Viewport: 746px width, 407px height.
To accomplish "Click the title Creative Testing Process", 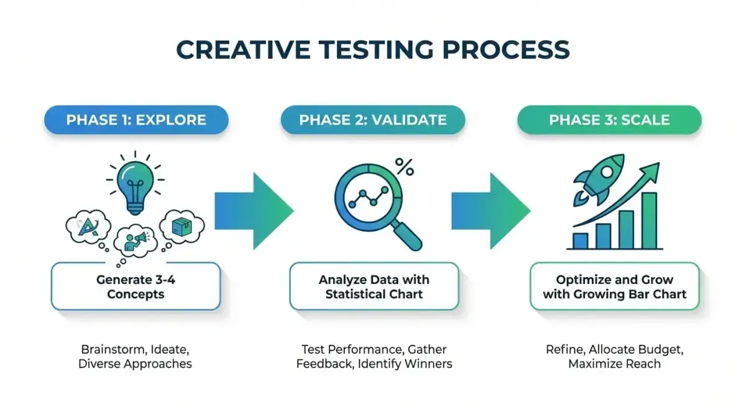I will (372, 49).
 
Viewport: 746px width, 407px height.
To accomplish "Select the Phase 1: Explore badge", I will (136, 119).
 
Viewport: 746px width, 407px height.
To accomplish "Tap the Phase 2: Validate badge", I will (372, 119).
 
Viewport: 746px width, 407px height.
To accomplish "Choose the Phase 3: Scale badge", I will (609, 119).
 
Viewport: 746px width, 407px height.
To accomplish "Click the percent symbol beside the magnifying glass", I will (405, 166).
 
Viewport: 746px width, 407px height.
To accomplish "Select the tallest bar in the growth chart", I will (649, 221).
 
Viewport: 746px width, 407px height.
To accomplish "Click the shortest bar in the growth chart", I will (580, 240).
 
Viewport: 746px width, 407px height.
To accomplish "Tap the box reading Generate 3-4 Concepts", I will (136, 286).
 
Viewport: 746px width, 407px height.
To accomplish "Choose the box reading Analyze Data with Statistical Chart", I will (374, 286).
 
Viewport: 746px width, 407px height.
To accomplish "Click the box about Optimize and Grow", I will (614, 286).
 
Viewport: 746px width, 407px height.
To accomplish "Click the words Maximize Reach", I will (614, 364).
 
